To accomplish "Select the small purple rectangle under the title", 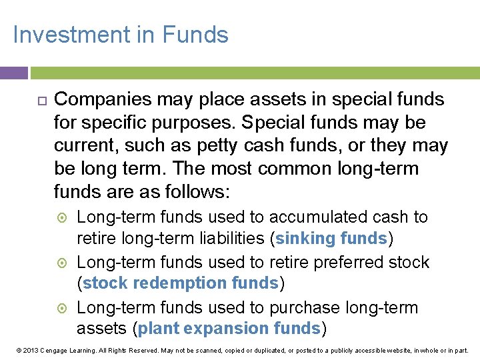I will click(13, 73).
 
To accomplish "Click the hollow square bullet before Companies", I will click(40, 100).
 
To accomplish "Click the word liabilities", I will click(226, 238).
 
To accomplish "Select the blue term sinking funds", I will click(331, 238).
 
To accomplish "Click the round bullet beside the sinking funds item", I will click(61, 217).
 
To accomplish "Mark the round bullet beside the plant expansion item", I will click(61, 308).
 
